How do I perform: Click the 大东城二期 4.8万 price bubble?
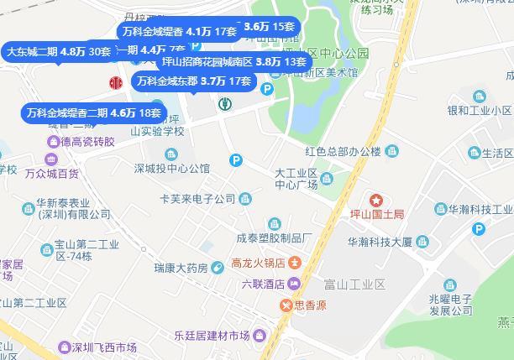click(x=59, y=51)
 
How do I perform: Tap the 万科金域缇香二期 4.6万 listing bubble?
click(x=92, y=112)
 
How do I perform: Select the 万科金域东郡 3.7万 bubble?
click(x=192, y=81)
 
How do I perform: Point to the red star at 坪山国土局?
click(x=376, y=201)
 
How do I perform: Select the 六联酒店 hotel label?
click(x=263, y=283)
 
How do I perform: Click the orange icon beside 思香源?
click(x=286, y=305)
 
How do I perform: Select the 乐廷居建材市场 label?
click(x=202, y=337)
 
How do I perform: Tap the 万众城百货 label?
click(x=51, y=174)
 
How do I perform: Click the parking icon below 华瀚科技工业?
click(x=480, y=229)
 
